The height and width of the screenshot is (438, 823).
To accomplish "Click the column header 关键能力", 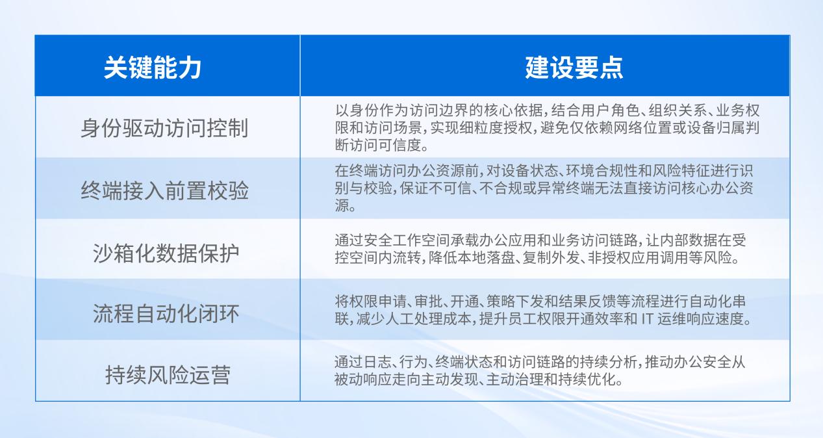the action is [153, 68].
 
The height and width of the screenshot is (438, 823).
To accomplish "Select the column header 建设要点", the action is [574, 68].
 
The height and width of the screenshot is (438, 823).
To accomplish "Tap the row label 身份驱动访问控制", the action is [164, 127].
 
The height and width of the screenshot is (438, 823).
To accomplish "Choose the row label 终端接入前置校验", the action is [164, 190].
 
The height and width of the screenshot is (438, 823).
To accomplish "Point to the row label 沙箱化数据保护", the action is [166, 253].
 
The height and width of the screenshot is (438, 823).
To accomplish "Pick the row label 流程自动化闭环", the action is [166, 313].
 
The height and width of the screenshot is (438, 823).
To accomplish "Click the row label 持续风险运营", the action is [168, 374].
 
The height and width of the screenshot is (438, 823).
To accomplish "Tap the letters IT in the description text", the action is [647, 318].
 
